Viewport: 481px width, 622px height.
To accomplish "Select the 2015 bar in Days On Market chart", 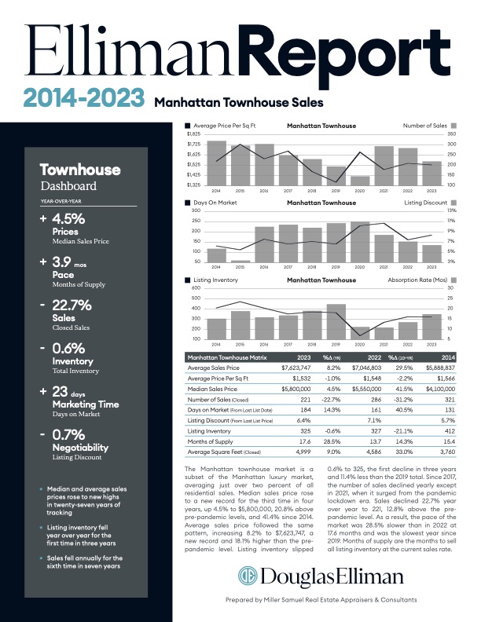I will (240, 261).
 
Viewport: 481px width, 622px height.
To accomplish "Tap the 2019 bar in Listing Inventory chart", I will (336, 321).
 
